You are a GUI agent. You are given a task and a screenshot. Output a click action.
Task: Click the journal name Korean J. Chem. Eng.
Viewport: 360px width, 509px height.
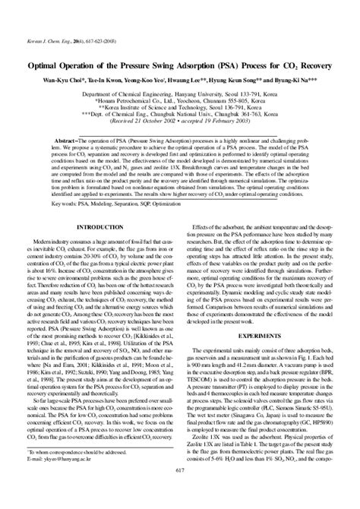39,13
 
